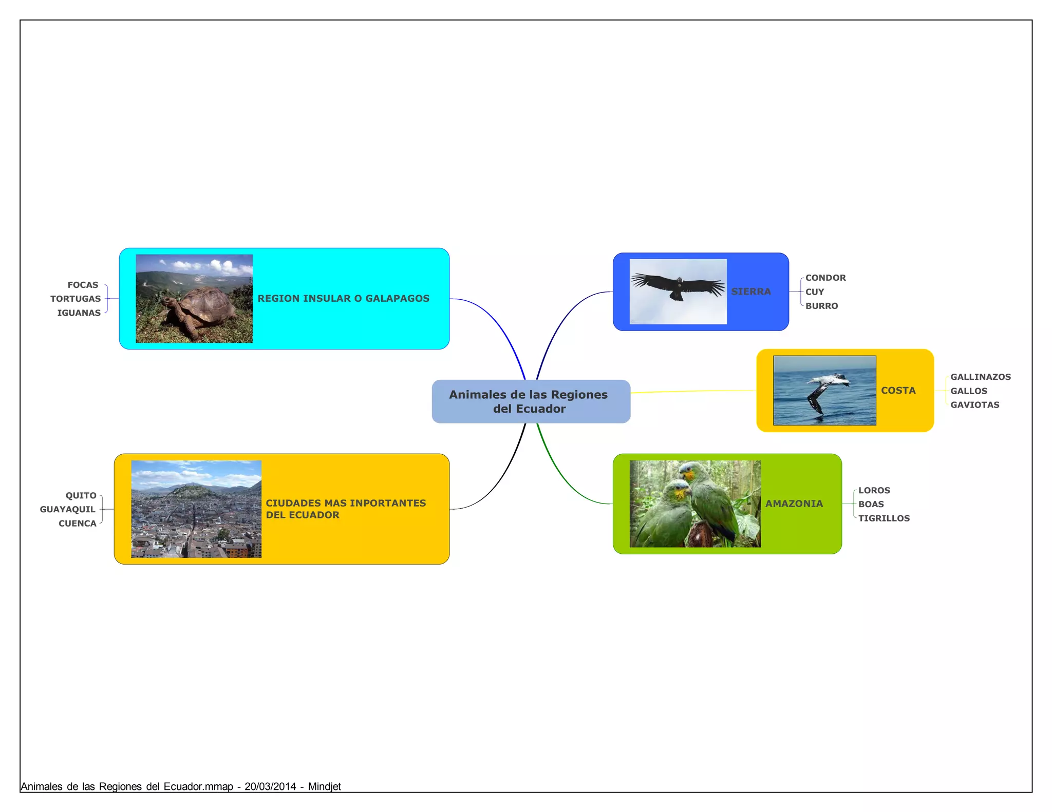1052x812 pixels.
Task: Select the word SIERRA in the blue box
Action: (750, 292)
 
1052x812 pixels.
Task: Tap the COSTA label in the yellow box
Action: (898, 391)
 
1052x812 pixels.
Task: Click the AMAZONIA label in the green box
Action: (794, 504)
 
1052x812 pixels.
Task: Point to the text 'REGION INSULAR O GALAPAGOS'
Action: (343, 298)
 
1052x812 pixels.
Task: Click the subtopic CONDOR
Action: (825, 278)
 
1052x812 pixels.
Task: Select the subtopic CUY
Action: (814, 292)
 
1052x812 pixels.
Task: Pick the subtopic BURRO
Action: (821, 306)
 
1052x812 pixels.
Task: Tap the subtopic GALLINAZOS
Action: (980, 377)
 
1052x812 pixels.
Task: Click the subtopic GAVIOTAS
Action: (974, 404)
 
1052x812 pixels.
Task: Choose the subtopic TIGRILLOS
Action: (884, 518)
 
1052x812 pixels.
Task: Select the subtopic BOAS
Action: (871, 504)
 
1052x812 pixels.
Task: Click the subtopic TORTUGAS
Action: (76, 299)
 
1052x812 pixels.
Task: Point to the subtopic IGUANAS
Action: (79, 313)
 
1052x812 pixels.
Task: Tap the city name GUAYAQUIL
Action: (68, 509)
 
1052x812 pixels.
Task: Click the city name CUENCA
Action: (77, 524)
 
